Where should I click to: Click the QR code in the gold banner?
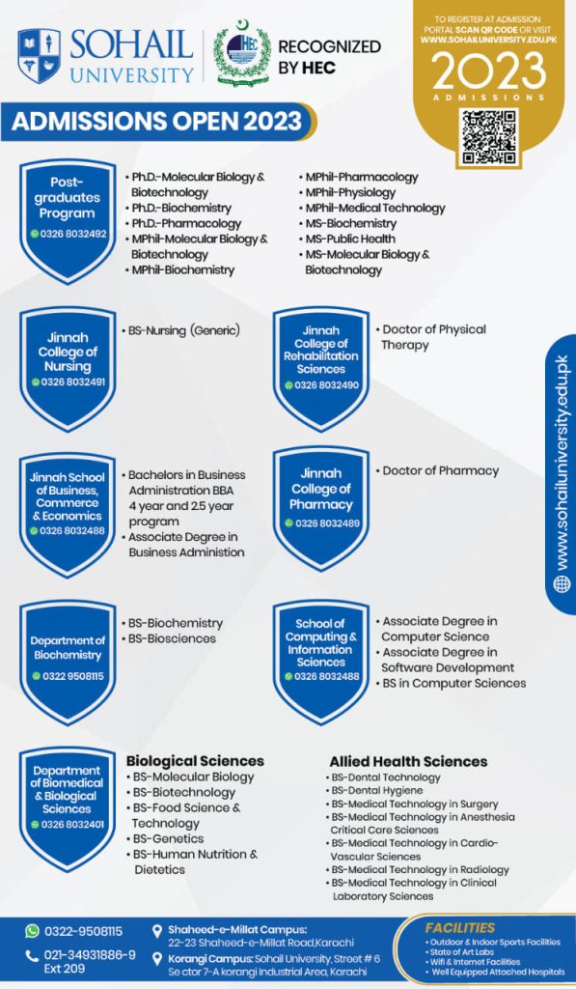pyautogui.click(x=488, y=137)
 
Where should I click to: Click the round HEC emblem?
pyautogui.click(x=242, y=53)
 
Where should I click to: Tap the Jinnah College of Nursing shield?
pyautogui.click(x=68, y=369)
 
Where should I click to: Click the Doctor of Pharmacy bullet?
pyautogui.click(x=437, y=470)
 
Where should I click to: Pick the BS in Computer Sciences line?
pyautogui.click(x=451, y=683)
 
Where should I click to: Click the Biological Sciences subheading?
pyautogui.click(x=195, y=761)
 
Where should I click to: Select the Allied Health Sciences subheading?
pyautogui.click(x=408, y=761)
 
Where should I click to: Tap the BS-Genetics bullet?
pyautogui.click(x=165, y=839)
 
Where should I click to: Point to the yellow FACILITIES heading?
pyautogui.click(x=460, y=928)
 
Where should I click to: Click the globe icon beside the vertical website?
pyautogui.click(x=562, y=584)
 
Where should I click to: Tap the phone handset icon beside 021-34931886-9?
pyautogui.click(x=32, y=956)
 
